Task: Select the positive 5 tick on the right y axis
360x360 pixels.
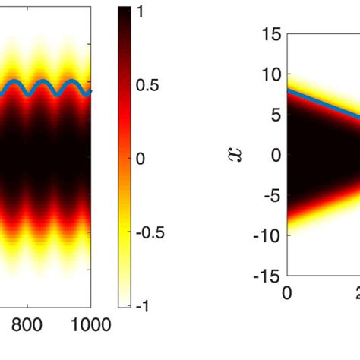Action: pyautogui.click(x=275, y=115)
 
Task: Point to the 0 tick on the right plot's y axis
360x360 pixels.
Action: pyautogui.click(x=275, y=155)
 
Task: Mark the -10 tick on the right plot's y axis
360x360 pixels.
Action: pyautogui.click(x=268, y=235)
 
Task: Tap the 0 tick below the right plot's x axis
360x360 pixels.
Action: pyautogui.click(x=287, y=293)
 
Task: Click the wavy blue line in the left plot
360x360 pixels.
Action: pyautogui.click(x=46, y=88)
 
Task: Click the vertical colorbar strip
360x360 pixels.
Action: pyautogui.click(x=126, y=159)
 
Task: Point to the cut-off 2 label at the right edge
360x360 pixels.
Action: pyautogui.click(x=355, y=293)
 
